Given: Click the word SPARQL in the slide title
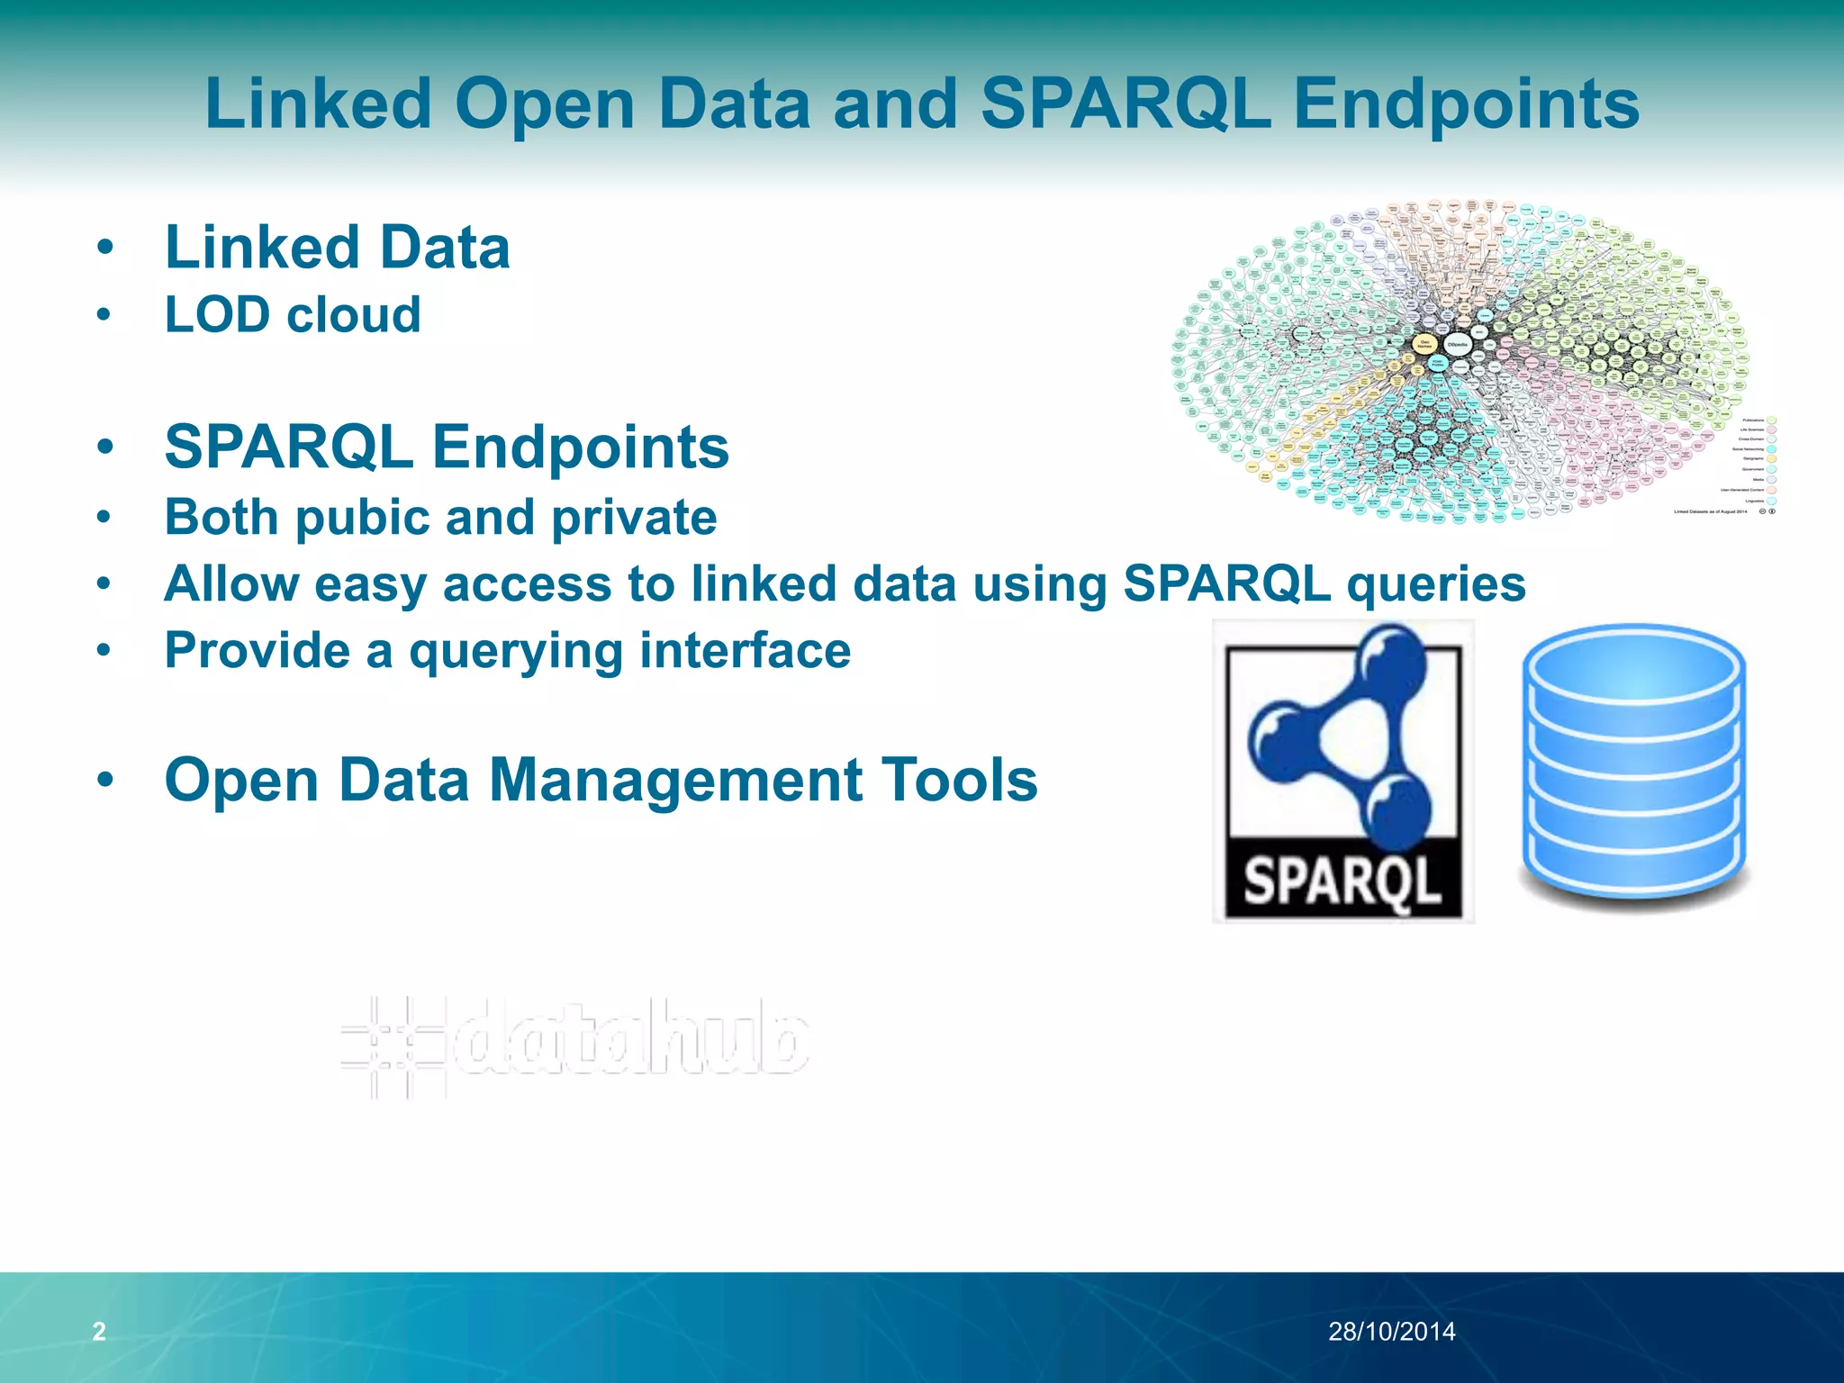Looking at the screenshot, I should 1125,104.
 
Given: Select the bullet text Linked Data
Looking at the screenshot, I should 337,248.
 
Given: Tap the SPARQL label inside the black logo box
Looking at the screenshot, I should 1342,881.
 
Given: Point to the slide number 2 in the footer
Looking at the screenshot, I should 99,1331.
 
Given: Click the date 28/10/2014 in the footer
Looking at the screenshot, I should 1391,1331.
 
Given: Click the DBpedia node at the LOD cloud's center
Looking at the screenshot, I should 1456,345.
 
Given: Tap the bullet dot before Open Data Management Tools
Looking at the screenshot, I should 105,781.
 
